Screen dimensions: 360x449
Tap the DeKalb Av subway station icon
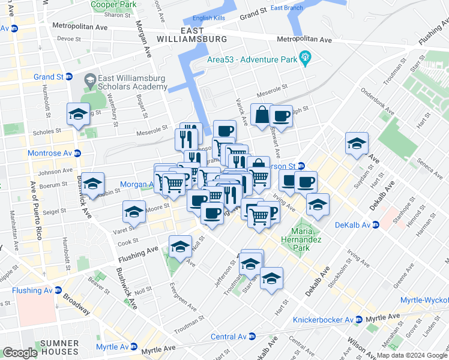tap(376, 225)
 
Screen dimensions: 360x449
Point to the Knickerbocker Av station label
tap(322, 320)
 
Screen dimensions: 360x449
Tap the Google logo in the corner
tap(20, 353)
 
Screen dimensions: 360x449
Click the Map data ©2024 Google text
tap(411, 355)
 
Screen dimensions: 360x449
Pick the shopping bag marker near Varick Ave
tap(262, 115)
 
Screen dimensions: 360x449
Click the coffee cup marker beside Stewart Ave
tap(280, 116)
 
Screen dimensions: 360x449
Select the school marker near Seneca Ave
tap(357, 143)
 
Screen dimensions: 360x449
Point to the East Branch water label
tap(286, 8)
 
